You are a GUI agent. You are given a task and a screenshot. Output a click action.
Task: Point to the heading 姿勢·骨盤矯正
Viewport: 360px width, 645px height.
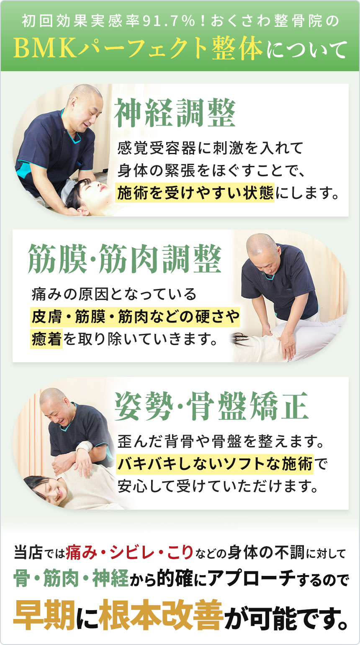tap(211, 406)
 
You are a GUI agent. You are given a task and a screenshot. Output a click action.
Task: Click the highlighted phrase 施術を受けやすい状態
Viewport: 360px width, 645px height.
tap(195, 193)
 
